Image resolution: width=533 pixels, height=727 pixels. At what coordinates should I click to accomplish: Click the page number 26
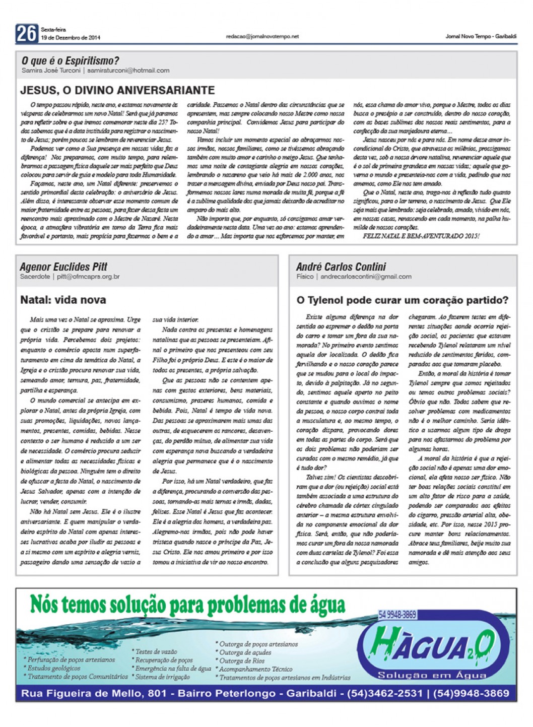[26, 33]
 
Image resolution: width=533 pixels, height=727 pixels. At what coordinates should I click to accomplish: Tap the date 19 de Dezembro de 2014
[71, 38]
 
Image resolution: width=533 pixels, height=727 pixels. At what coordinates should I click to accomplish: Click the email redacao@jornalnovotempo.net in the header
[262, 37]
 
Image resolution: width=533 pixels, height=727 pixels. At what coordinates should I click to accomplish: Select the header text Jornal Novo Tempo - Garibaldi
[481, 36]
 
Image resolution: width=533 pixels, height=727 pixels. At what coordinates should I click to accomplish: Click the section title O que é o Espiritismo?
[70, 60]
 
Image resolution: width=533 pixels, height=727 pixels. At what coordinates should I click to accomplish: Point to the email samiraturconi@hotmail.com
[128, 71]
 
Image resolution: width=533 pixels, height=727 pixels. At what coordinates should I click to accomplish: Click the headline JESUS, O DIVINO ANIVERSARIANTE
[117, 90]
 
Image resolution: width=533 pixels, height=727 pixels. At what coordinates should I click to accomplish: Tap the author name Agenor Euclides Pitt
[63, 267]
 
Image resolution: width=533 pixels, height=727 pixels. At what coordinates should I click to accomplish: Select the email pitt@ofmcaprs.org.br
[88, 277]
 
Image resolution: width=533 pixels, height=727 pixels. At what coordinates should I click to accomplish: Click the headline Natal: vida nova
[63, 300]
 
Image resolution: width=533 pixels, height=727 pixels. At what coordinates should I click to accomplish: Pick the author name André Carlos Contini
[341, 267]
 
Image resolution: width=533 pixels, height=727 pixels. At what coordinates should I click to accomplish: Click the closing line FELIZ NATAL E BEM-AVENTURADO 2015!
[421, 236]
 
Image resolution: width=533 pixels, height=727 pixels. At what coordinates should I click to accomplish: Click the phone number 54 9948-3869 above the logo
[397, 614]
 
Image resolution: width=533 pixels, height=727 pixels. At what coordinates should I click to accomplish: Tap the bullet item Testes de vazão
[156, 651]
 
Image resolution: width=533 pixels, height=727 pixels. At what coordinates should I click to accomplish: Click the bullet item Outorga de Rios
[242, 660]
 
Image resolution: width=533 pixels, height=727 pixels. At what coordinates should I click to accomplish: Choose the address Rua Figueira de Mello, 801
[94, 693]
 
